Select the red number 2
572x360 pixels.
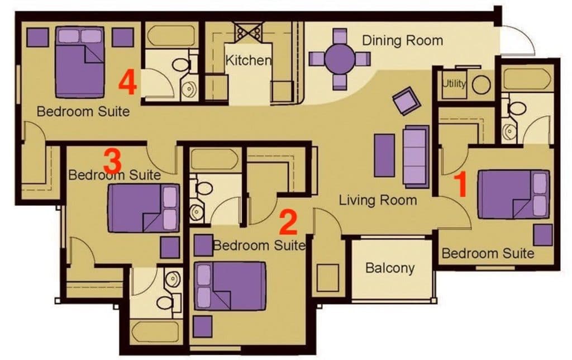click(288, 222)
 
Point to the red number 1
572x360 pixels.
click(461, 185)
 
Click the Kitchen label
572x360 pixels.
click(248, 60)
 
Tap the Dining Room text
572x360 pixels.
click(402, 40)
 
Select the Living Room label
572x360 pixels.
click(378, 200)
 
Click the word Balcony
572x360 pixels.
click(390, 268)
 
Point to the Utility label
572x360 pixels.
click(454, 84)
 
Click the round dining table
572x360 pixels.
click(340, 59)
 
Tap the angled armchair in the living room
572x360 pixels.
click(407, 101)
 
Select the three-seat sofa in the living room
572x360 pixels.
click(416, 157)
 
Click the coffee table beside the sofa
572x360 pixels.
click(384, 155)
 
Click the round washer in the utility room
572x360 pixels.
click(481, 84)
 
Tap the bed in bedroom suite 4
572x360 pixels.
click(80, 62)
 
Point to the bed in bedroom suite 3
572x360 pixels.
click(144, 208)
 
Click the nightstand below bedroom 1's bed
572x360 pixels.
click(543, 235)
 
